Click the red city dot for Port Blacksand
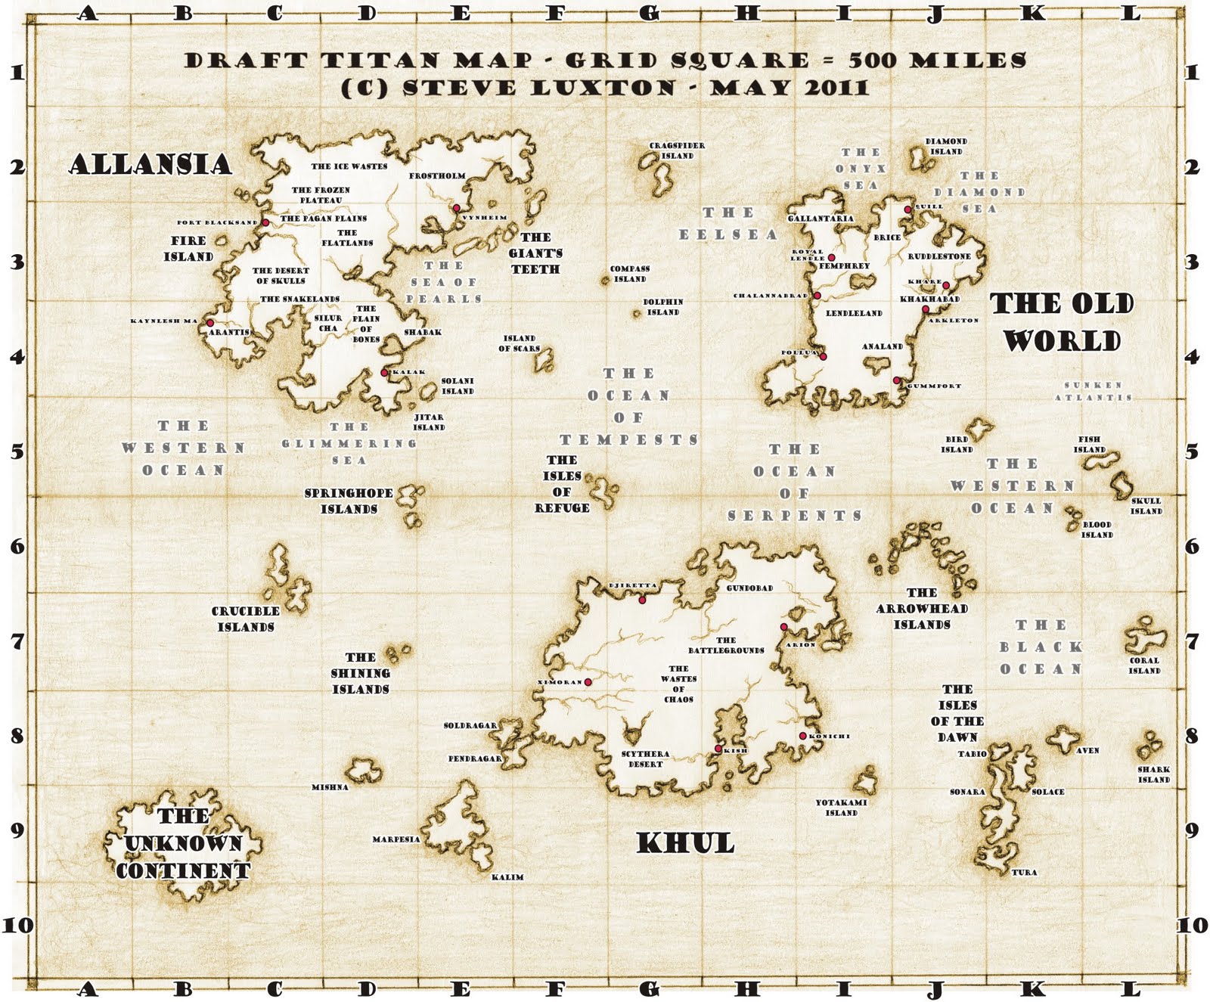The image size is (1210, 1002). [x=265, y=222]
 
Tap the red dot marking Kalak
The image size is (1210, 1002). [x=384, y=372]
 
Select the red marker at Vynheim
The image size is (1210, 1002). [x=457, y=208]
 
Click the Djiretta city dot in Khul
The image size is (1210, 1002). [x=642, y=600]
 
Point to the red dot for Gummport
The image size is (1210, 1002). [x=896, y=380]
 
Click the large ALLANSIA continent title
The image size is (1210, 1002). [x=150, y=164]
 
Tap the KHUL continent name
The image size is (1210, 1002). [x=685, y=843]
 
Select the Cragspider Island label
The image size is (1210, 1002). [x=677, y=150]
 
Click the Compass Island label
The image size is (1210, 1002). [x=630, y=274]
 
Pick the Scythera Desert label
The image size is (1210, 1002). [x=645, y=759]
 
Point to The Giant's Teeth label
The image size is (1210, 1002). [x=535, y=253]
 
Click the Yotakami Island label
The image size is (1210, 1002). [x=841, y=808]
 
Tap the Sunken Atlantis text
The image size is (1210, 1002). [x=1094, y=391]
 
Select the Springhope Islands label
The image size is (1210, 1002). [x=349, y=501]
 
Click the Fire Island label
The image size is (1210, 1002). [x=188, y=249]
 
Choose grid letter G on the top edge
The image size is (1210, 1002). [x=650, y=13]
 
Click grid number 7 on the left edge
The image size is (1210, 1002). [x=17, y=641]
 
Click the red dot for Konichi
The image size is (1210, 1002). [x=802, y=736]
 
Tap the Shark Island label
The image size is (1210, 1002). [x=1153, y=774]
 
